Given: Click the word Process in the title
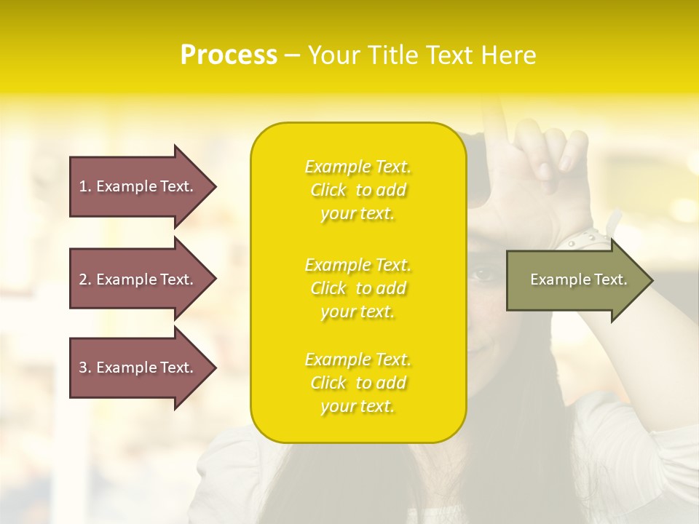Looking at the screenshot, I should click(229, 55).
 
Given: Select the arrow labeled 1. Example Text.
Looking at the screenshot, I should click(138, 186).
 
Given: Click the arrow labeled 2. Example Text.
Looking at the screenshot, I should click(138, 279).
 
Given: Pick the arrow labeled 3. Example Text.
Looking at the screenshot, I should click(138, 368).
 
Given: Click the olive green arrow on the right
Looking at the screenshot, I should click(575, 279).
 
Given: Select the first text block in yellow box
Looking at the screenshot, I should click(358, 190).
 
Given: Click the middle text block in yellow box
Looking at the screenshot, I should click(358, 288).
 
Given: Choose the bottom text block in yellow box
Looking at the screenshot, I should click(358, 383).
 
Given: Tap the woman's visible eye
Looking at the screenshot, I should click(483, 274).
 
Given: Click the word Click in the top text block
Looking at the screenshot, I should click(328, 190).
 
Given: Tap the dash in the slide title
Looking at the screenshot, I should click(292, 56).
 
